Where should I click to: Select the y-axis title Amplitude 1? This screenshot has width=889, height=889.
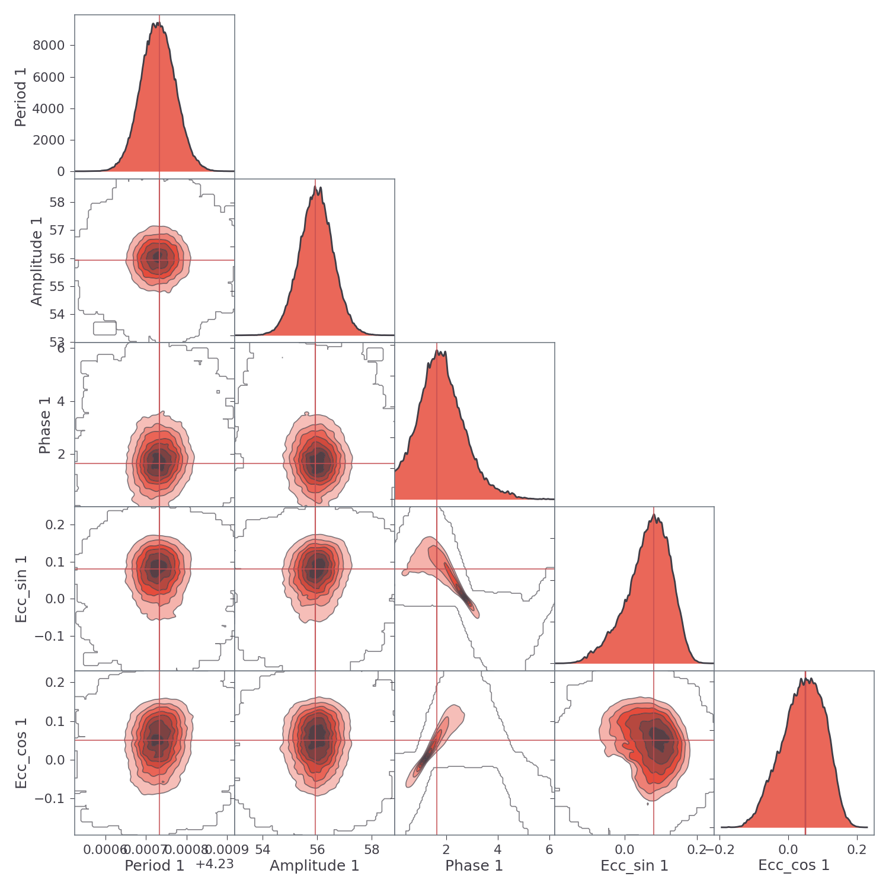tap(37, 261)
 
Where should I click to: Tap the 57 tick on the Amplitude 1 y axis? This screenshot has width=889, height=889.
tap(57, 231)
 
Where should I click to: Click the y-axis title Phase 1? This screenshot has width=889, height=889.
tap(44, 426)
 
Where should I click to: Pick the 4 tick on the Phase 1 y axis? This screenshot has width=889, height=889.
tap(62, 402)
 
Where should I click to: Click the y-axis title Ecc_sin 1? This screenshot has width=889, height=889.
tap(21, 589)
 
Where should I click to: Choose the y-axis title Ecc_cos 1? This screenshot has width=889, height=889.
tap(21, 753)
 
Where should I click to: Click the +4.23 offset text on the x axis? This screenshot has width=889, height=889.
tap(215, 864)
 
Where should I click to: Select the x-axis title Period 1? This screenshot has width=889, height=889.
tap(155, 866)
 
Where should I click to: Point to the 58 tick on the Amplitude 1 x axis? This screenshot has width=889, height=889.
tap(372, 850)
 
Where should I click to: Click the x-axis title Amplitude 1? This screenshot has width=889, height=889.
tap(315, 866)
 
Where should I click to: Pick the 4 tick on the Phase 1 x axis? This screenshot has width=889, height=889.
tap(498, 850)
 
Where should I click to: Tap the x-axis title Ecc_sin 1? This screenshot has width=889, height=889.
tap(634, 866)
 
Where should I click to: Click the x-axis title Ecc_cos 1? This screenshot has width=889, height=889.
tap(794, 865)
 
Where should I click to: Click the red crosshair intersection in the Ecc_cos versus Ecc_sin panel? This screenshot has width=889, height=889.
tap(654, 740)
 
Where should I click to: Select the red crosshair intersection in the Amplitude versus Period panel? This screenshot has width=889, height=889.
tap(159, 260)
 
